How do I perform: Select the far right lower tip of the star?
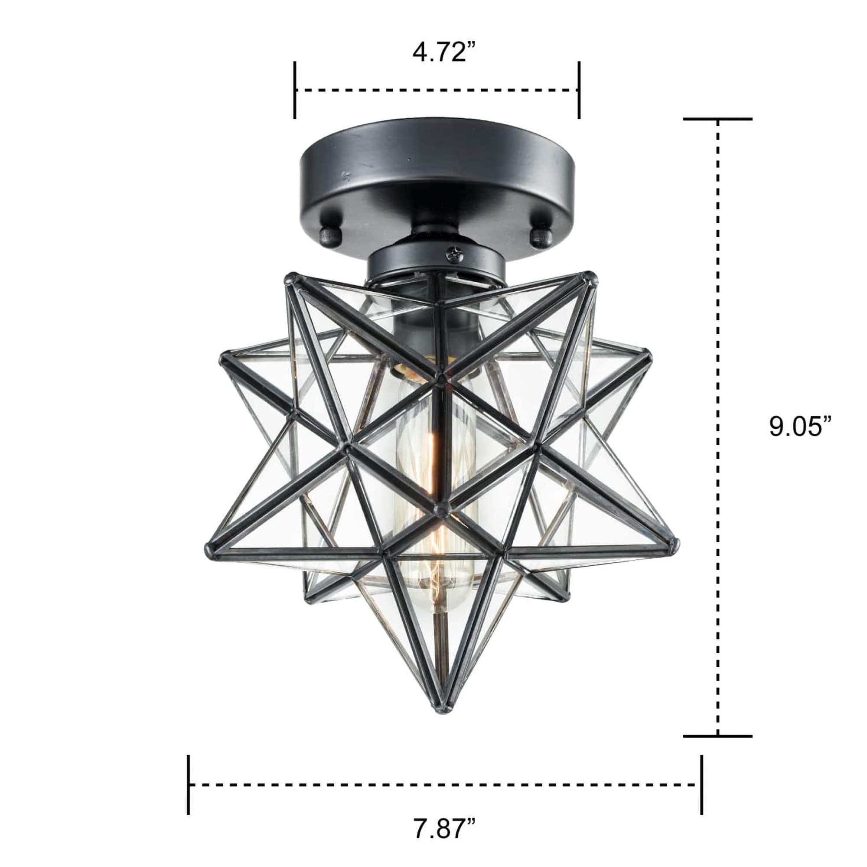coord(674,545)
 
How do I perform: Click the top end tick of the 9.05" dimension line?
coord(717,119)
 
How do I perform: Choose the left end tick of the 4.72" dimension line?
coord(295,90)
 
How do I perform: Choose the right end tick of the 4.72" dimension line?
coord(579,90)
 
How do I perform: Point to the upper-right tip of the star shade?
coord(593,275)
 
